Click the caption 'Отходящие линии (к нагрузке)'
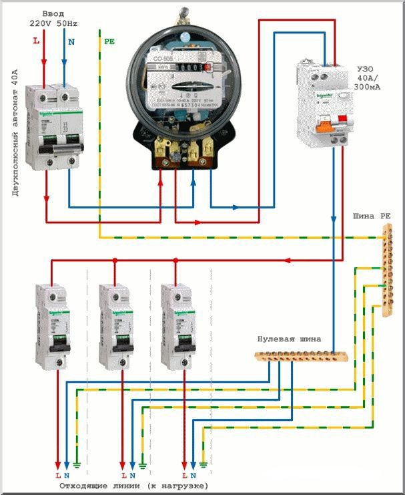[x=141, y=485]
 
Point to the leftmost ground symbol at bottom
[x=77, y=462]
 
